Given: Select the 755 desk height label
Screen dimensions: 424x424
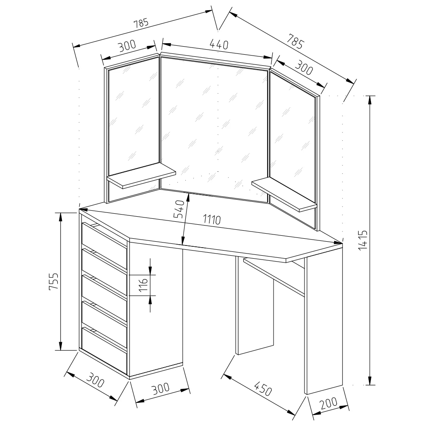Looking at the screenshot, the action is coord(53,281).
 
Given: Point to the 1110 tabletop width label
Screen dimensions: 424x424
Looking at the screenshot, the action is coord(212,220).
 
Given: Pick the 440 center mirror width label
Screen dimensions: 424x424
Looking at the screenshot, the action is coord(219,45).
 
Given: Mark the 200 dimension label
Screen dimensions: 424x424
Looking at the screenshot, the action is coord(329,403).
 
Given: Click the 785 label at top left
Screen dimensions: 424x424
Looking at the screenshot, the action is coord(141,23).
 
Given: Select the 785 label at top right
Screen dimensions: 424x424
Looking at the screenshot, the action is coord(296,42).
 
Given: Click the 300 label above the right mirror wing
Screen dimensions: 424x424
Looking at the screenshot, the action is coord(304,67).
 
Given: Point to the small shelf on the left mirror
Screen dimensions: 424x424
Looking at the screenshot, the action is coord(142,176).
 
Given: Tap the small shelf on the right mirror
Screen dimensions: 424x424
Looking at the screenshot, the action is coord(284,194).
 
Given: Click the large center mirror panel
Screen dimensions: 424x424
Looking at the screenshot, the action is coord(215,128).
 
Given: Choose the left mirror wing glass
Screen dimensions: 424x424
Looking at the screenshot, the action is coord(134,116).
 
